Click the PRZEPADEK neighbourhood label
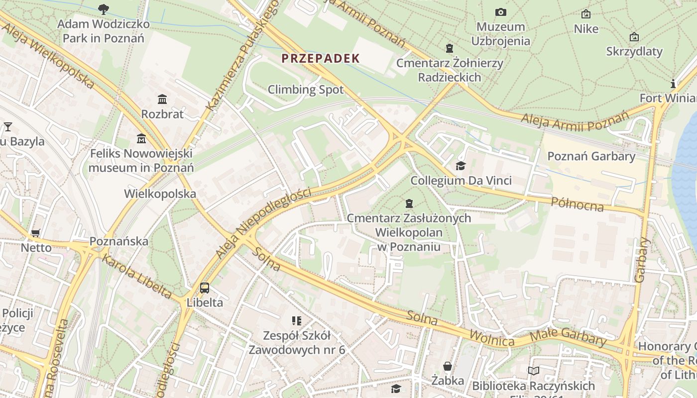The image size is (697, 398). pos(320,58)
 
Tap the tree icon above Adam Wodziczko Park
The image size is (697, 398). pos(104,8)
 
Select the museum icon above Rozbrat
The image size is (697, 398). pos(162,99)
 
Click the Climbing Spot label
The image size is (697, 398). pos(306,90)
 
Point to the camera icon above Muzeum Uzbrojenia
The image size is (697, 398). pos(500,12)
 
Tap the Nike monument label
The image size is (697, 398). pos(586,29)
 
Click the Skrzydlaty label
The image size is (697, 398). pos(634,51)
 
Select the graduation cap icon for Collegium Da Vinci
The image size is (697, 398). pos(461,166)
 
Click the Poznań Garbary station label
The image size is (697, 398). pos(591,156)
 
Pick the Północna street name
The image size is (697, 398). pos(577,204)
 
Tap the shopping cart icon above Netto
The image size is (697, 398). pos(35,233)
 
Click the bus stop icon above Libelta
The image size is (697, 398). pos(204,288)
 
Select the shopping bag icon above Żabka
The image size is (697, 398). pos(448,366)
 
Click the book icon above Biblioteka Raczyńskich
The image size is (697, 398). pos(533,371)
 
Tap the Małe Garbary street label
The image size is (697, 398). pos(568,337)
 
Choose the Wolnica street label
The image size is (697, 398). pos(491,339)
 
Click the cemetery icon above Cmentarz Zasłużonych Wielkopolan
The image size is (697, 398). pos(409,203)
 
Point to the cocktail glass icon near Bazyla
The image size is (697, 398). pos(7,126)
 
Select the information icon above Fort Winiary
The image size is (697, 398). pos(673,83)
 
